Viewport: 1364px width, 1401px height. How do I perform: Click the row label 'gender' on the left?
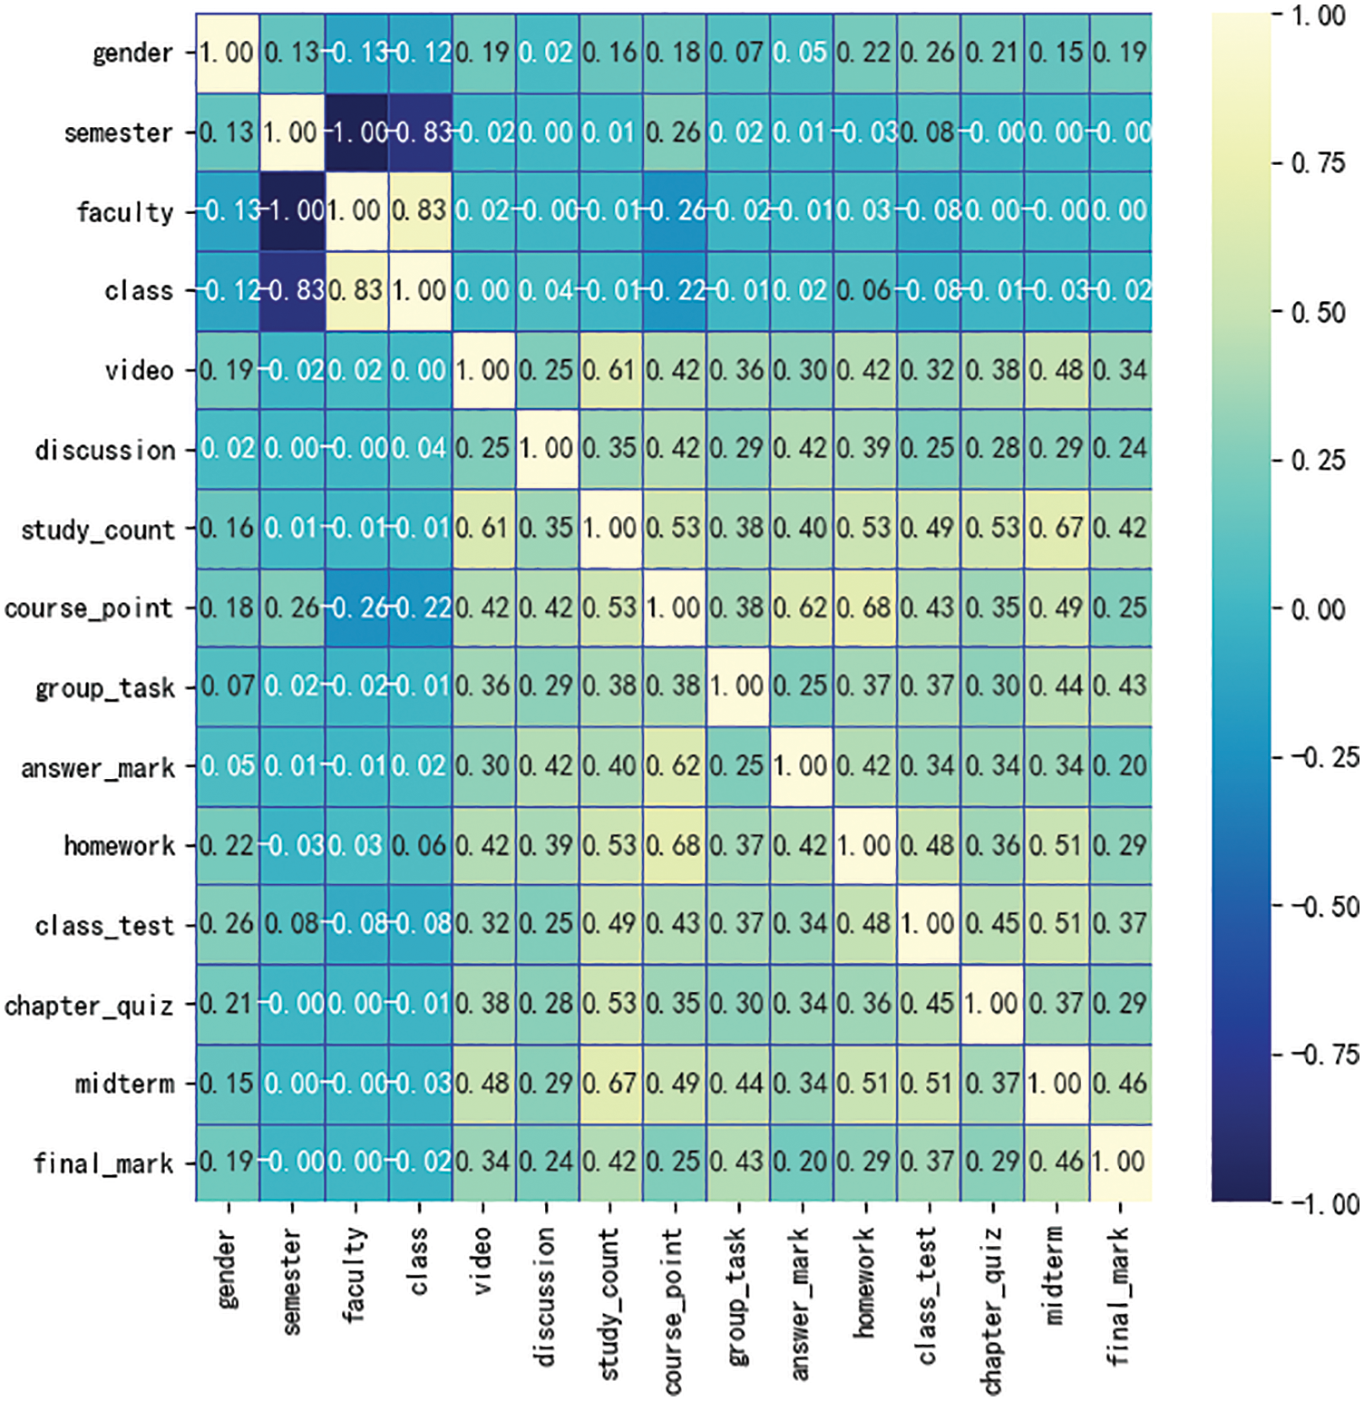click(132, 54)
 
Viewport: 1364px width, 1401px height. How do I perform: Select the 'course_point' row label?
click(89, 608)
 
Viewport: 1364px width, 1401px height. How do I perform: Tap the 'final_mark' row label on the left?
click(103, 1163)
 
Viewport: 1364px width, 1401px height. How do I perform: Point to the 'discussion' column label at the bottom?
click(545, 1297)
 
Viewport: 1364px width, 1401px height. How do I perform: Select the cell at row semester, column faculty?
click(356, 132)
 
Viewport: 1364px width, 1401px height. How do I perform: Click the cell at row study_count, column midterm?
click(1057, 529)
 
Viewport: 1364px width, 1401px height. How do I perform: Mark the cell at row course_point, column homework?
click(865, 608)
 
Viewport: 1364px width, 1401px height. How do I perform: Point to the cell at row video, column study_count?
click(610, 370)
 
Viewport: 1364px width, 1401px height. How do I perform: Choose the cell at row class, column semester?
click(292, 291)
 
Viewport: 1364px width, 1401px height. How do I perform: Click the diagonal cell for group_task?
click(738, 686)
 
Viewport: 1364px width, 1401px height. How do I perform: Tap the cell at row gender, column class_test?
click(929, 54)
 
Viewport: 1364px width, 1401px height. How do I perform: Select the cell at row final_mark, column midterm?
click(1057, 1163)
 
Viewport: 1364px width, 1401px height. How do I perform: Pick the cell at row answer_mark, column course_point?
click(674, 766)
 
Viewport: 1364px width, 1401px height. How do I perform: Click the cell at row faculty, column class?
click(420, 211)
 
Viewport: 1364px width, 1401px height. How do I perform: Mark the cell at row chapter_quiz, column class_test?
click(929, 1004)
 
